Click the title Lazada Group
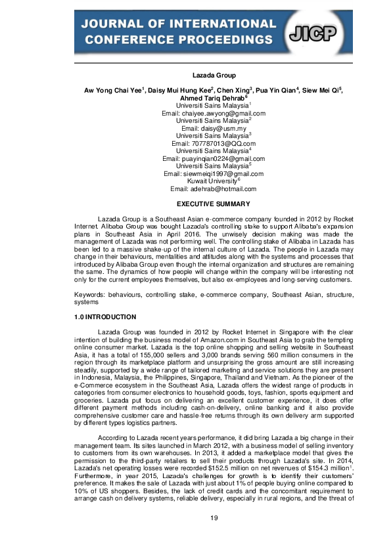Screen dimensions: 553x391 [195, 76]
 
